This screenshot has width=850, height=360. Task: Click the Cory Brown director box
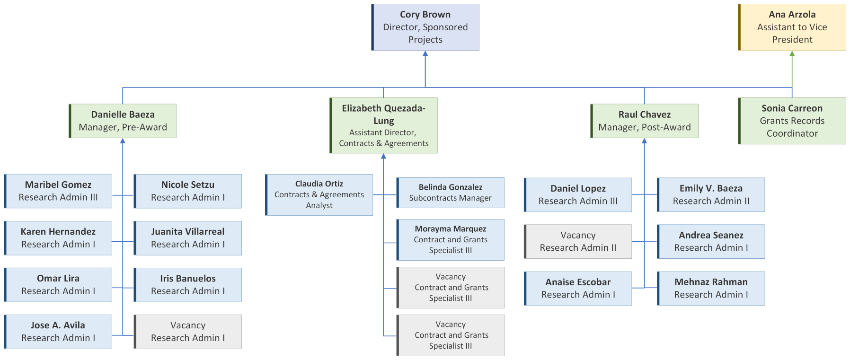(425, 27)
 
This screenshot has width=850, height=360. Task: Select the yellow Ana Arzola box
(792, 27)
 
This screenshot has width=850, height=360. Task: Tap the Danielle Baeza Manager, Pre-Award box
(123, 121)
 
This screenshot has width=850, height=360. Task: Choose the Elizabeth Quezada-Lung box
(383, 125)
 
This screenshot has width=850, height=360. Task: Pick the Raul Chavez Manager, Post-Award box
(644, 121)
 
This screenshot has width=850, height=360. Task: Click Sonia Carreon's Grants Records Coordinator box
(792, 121)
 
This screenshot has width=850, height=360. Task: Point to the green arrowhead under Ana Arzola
(792, 54)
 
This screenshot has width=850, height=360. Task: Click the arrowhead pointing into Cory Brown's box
(425, 54)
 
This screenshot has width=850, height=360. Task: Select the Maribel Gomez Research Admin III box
(58, 191)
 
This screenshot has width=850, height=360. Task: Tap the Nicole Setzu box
(188, 191)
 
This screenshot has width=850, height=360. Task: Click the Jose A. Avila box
(58, 332)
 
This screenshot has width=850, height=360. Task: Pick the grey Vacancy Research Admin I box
(188, 332)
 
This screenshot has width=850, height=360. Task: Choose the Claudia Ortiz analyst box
(319, 194)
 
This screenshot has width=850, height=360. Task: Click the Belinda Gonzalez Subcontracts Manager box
(451, 193)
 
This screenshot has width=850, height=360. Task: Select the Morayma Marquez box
(451, 239)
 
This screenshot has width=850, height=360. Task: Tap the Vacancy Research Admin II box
(578, 241)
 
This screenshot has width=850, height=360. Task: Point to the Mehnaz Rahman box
(711, 288)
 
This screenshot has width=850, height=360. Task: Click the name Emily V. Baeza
(711, 188)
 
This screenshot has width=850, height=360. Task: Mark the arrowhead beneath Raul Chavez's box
(644, 141)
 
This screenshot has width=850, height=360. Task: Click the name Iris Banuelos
(188, 279)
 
